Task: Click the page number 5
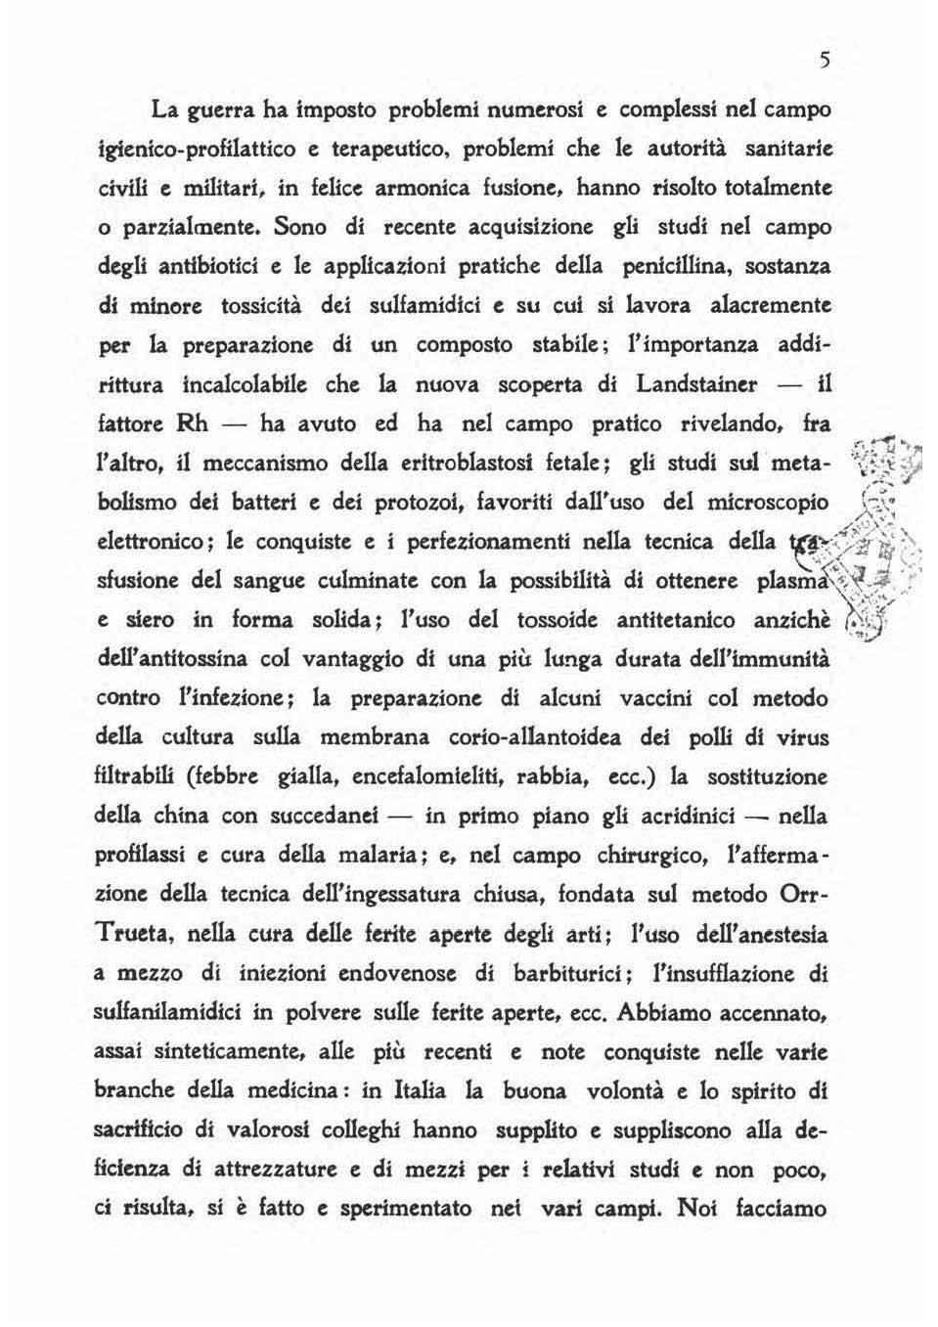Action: click(825, 61)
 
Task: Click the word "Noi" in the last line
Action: click(698, 1206)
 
